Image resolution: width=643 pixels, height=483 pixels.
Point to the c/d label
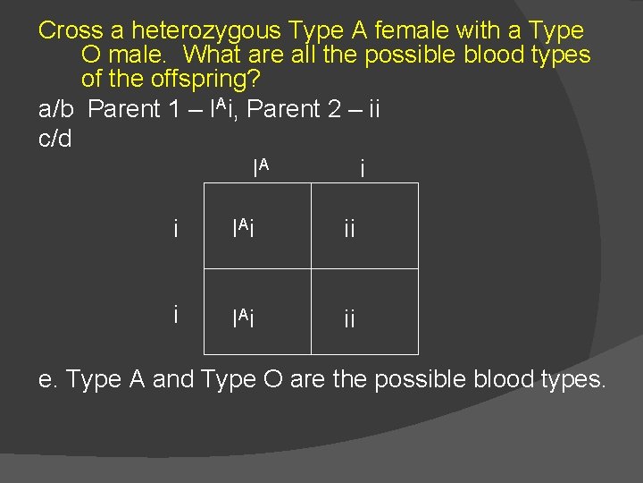click(x=55, y=139)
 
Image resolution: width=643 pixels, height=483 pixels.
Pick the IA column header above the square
click(x=261, y=166)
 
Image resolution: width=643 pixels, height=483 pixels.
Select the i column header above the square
click(x=361, y=167)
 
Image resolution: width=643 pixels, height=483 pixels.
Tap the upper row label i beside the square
click(x=178, y=229)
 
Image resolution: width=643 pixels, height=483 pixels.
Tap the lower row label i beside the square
click(x=178, y=314)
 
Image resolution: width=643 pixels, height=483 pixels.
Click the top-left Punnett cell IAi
click(x=244, y=229)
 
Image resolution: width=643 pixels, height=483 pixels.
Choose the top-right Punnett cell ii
click(x=348, y=230)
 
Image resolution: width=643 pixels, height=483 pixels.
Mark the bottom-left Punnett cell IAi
click(x=244, y=316)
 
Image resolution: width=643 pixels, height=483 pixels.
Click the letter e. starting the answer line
click(x=47, y=379)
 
